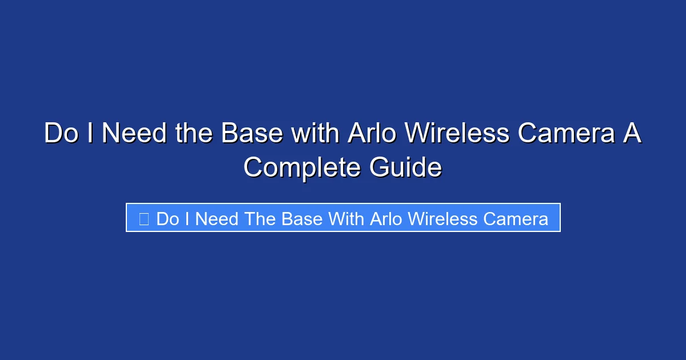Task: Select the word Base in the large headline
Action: tap(252, 134)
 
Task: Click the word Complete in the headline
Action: tap(302, 168)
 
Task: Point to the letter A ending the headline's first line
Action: tap(632, 134)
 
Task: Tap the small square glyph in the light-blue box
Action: tap(143, 218)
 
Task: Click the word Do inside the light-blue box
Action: tap(167, 218)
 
